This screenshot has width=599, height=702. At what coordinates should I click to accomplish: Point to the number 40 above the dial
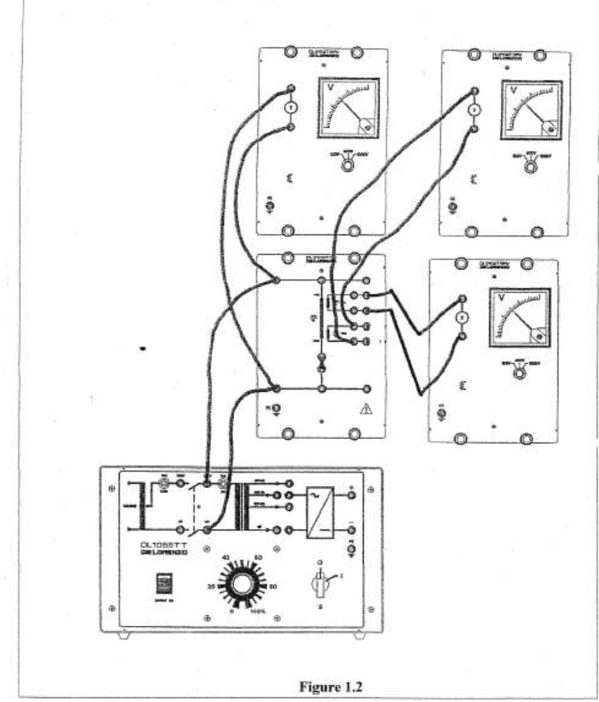(x=226, y=558)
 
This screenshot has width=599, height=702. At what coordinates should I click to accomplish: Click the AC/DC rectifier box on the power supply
(x=320, y=512)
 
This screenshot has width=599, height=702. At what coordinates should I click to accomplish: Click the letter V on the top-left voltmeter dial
(x=331, y=88)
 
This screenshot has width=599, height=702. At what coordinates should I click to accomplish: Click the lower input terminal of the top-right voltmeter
(x=474, y=128)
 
